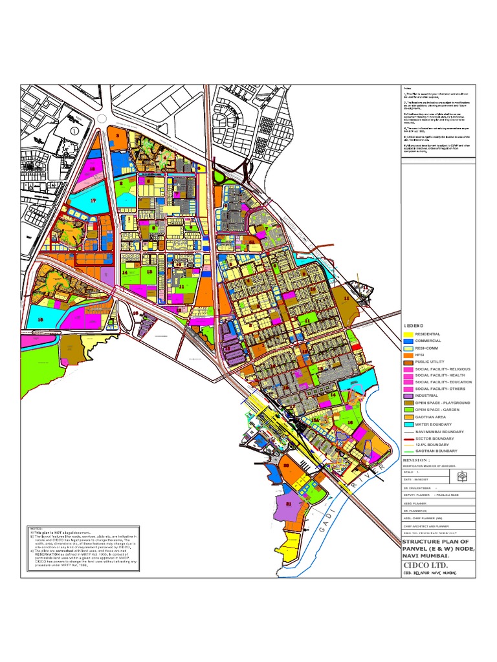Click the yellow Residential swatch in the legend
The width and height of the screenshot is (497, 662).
click(408, 334)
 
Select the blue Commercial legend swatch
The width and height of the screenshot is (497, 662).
click(408, 341)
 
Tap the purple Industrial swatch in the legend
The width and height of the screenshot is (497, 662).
click(408, 395)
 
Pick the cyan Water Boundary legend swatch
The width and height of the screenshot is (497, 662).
click(408, 425)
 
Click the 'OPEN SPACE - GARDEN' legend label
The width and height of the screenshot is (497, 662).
click(443, 410)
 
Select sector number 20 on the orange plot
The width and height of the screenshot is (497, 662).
click(285, 465)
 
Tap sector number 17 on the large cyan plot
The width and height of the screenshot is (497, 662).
click(93, 201)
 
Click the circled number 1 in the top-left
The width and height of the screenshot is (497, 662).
click(74, 130)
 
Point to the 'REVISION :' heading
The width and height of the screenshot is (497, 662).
click(421, 460)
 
